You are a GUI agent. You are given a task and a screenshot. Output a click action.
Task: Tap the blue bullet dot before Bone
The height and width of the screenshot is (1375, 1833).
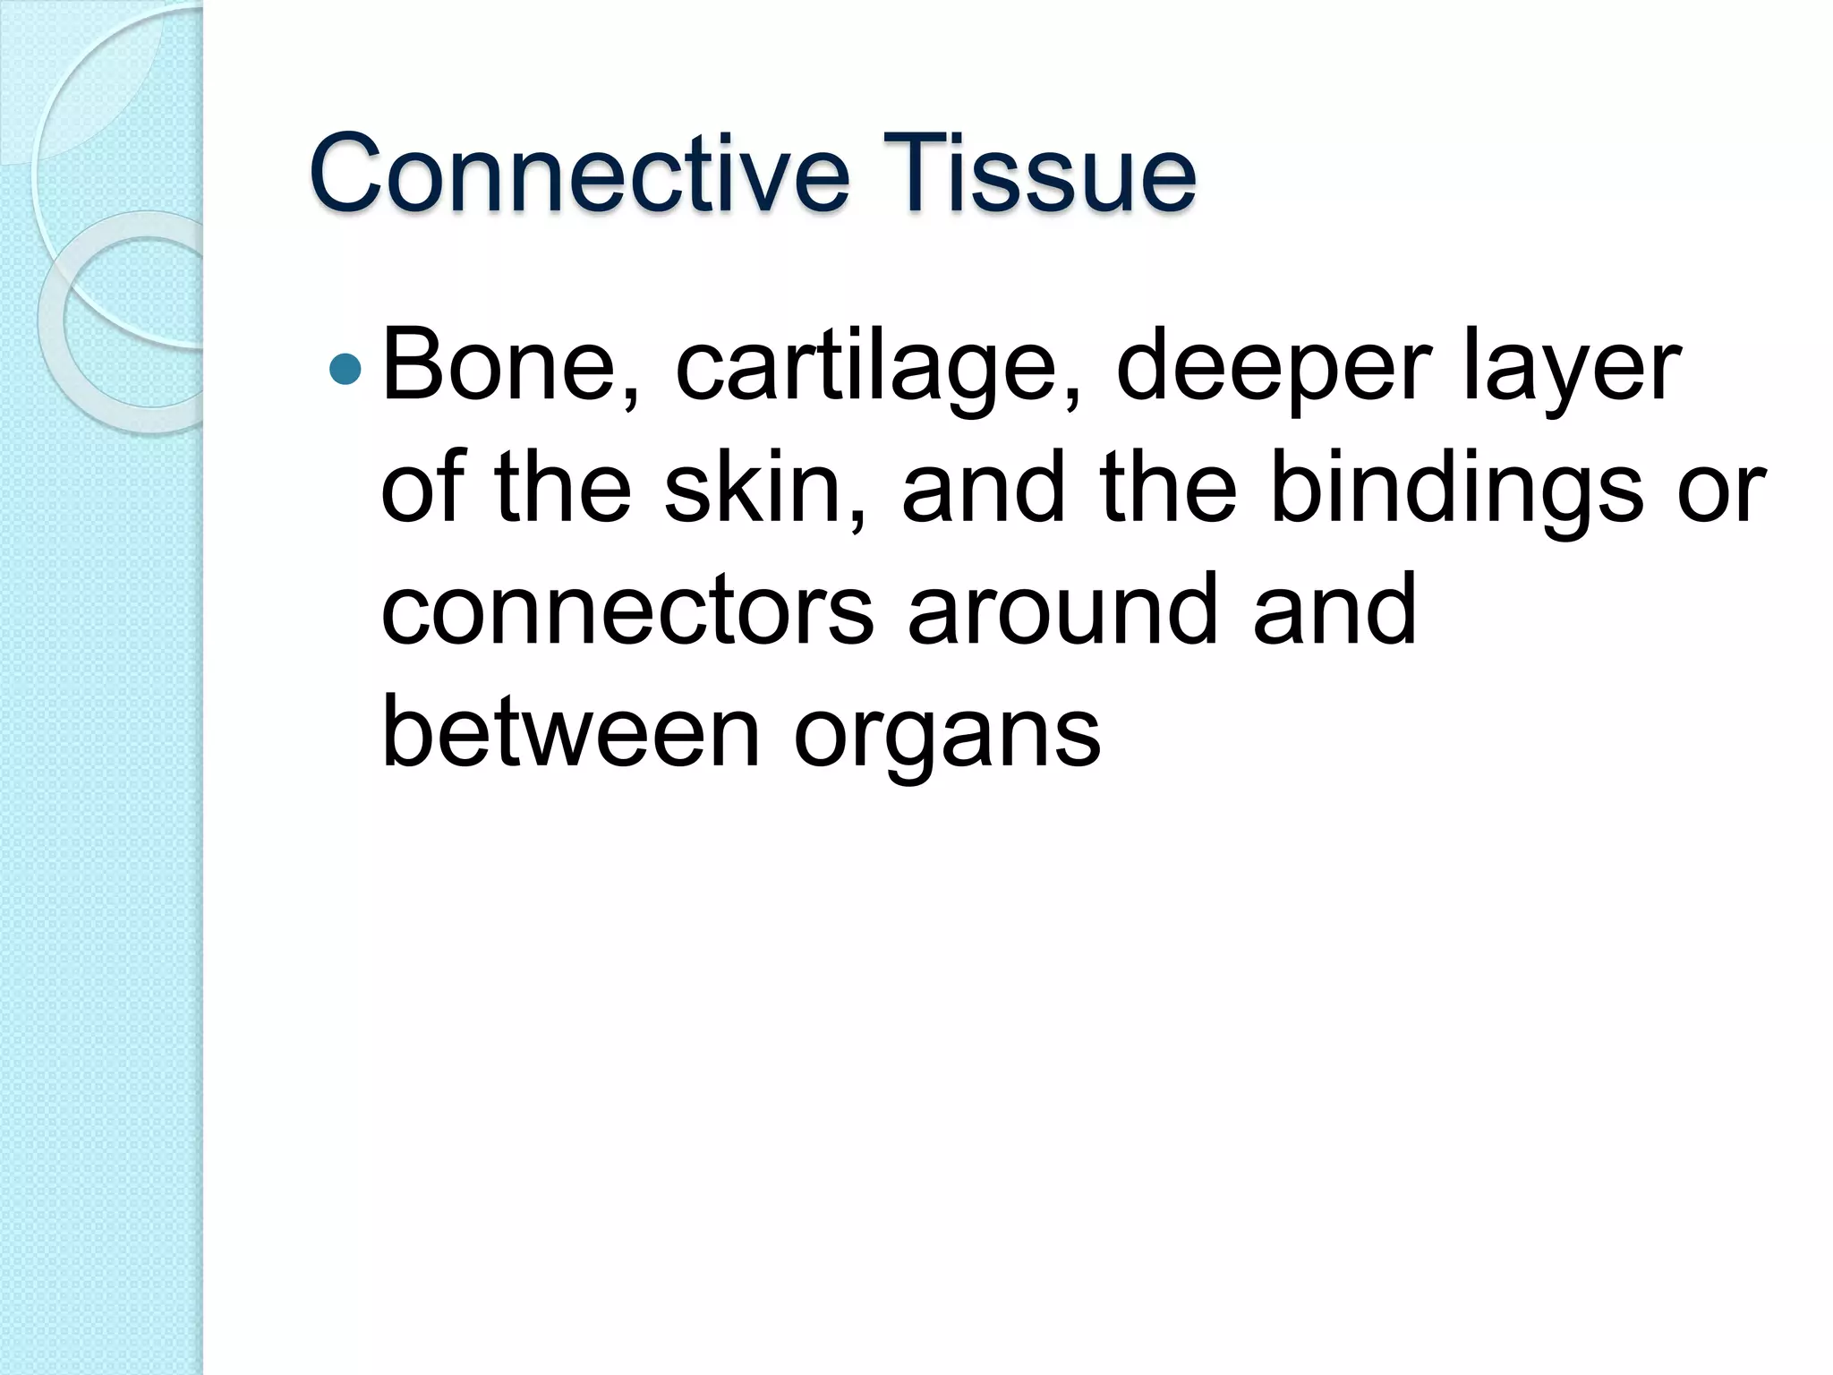coord(345,367)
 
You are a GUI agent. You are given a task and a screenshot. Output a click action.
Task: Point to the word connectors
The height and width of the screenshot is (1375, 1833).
coord(627,611)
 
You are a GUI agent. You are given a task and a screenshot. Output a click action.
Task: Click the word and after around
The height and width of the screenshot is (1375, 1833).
coord(1334,611)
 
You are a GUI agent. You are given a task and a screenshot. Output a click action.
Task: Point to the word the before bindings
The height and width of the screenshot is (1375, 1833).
coord(1169,489)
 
